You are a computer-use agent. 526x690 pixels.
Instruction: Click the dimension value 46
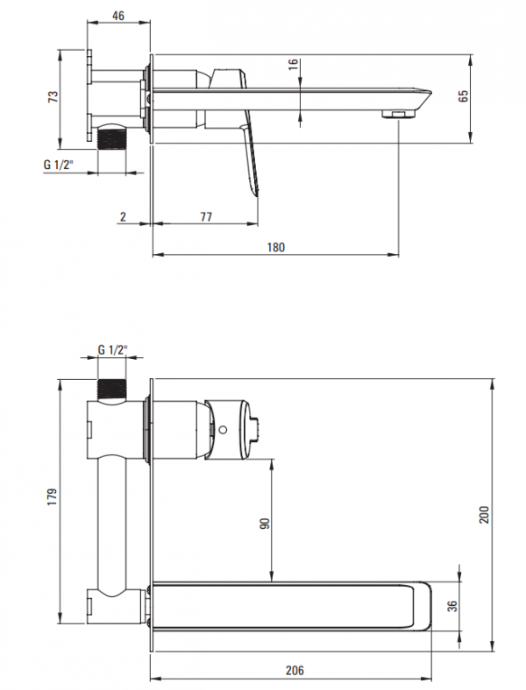pos(118,16)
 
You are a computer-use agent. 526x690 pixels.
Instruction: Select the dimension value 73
pos(53,96)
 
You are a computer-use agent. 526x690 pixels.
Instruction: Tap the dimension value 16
pos(294,64)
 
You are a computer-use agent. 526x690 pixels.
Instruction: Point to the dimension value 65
pos(464,96)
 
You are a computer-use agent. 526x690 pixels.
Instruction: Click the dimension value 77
pos(206,216)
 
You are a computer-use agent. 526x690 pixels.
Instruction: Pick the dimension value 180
pos(276,247)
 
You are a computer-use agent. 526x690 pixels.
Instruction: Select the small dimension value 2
pos(123,216)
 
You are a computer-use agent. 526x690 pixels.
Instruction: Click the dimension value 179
pos(52,496)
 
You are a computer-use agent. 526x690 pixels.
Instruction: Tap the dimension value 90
pos(265,524)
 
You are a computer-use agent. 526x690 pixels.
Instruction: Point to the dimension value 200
pos(484,514)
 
